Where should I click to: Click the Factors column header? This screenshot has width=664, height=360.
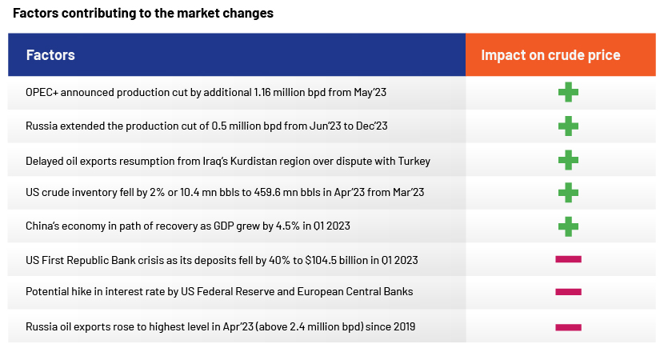tap(50, 55)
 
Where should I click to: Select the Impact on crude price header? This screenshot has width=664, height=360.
tap(550, 55)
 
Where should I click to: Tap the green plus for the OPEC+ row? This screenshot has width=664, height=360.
tap(568, 92)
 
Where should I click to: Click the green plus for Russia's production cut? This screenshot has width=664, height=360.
tap(568, 126)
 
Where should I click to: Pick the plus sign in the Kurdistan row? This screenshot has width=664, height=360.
tap(568, 160)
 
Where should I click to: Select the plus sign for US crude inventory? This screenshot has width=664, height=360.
tap(568, 193)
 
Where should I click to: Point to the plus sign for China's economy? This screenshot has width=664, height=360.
tap(568, 226)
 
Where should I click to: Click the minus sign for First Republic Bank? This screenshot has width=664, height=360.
tap(568, 259)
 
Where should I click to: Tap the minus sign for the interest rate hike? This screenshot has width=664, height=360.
tap(568, 292)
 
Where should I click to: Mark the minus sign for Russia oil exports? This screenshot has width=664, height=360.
tap(568, 327)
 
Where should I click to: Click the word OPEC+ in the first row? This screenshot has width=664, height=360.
tap(42, 92)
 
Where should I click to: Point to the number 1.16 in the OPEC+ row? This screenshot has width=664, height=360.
tap(262, 92)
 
